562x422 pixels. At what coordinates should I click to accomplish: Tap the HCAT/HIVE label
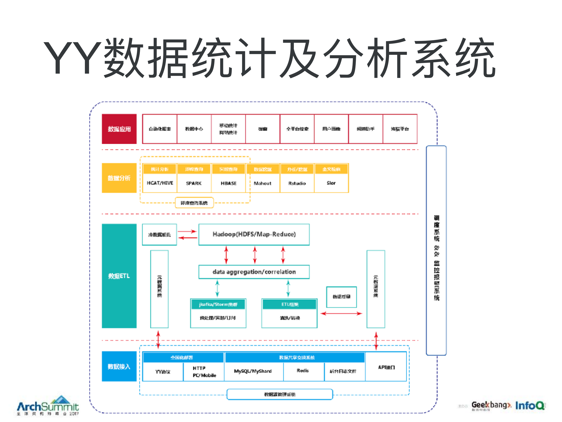coord(160,183)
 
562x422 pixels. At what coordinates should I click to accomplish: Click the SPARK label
coord(194,183)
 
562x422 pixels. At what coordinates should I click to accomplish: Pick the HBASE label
coord(228,183)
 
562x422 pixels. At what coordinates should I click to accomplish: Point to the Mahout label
coord(262,183)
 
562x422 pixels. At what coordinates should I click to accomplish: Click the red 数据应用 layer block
coord(119,129)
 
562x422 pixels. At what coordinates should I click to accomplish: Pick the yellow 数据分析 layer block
coord(119,178)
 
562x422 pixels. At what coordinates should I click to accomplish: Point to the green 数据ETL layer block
coord(119,276)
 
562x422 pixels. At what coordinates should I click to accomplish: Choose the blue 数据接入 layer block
coord(119,366)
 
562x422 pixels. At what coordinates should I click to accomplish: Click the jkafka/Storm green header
coord(218,304)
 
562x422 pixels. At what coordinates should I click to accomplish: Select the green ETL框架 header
coord(289,304)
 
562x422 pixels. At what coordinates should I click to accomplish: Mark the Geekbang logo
coord(491,405)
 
